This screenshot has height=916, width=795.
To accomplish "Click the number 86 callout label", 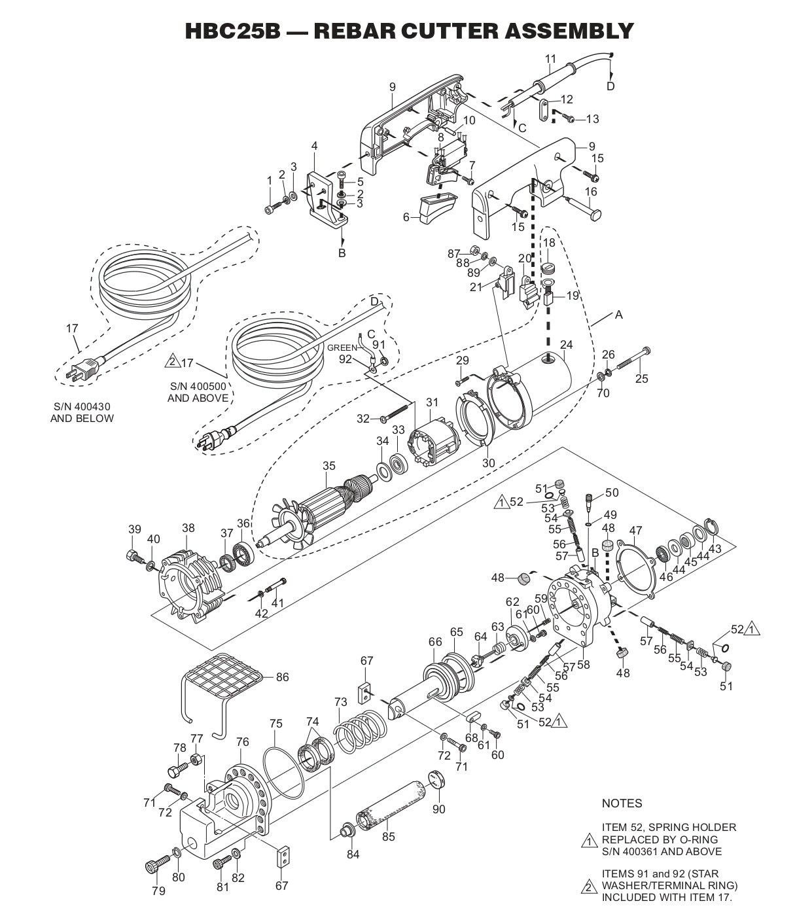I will coord(282,677).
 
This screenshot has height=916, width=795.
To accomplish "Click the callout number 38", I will coord(188,527).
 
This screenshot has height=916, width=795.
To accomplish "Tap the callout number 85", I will coord(389,836).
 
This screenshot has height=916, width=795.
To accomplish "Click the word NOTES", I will coord(622,803).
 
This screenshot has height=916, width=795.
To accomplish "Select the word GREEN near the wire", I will coord(342,347).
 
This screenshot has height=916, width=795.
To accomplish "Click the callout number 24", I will coord(566,345).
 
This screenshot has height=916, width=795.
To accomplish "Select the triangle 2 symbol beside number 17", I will coord(172,362).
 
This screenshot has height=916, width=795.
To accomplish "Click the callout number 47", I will coord(635,530).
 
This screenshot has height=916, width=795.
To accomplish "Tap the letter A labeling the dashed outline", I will coord(618,315).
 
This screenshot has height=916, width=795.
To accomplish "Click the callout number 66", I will coord(435,642).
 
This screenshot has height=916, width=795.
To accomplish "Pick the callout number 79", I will coord(158,890).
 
